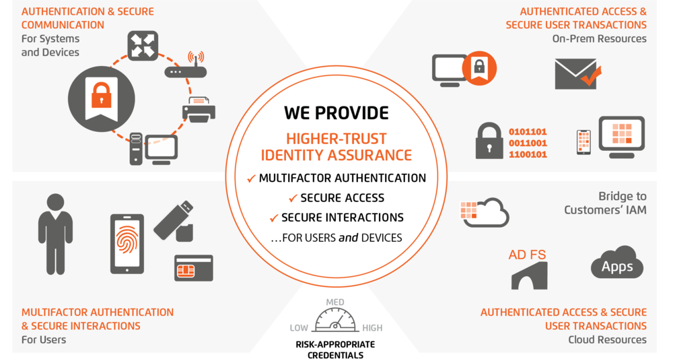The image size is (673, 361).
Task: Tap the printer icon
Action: coord(199,109)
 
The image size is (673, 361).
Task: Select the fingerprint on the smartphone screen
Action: coord(127,242)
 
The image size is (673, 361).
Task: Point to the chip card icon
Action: coord(194,268)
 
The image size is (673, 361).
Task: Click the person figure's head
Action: coord(55,202)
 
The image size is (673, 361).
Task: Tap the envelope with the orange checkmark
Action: coord(577,74)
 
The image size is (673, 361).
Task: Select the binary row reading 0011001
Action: coord(528,143)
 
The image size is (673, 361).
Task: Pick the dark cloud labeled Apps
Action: coord(617,263)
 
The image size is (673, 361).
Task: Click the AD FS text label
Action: coord(527,255)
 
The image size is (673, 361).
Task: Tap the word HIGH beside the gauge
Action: coord(372,328)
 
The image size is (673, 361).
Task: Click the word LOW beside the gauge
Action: coord(299,328)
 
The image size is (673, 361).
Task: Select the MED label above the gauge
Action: coord(334,302)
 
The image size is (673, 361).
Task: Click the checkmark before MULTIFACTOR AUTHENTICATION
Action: coord(252,178)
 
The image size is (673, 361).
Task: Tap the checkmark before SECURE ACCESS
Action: coord(293,198)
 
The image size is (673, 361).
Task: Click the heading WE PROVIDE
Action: coord(336,113)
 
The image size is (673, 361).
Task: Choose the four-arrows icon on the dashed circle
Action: coord(143,46)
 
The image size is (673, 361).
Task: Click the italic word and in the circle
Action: coord(348,238)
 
